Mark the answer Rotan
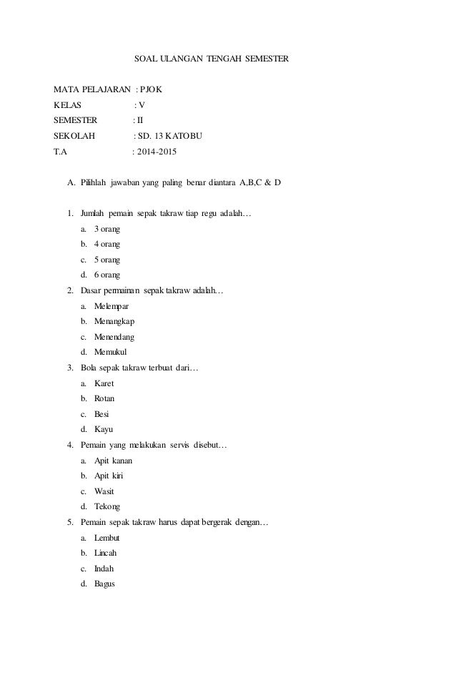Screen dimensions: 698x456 (104, 398)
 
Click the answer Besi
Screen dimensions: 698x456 (101, 413)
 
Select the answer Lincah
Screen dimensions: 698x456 (106, 553)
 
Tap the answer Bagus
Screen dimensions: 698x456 (104, 584)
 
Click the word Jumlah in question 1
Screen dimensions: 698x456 (93, 214)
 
